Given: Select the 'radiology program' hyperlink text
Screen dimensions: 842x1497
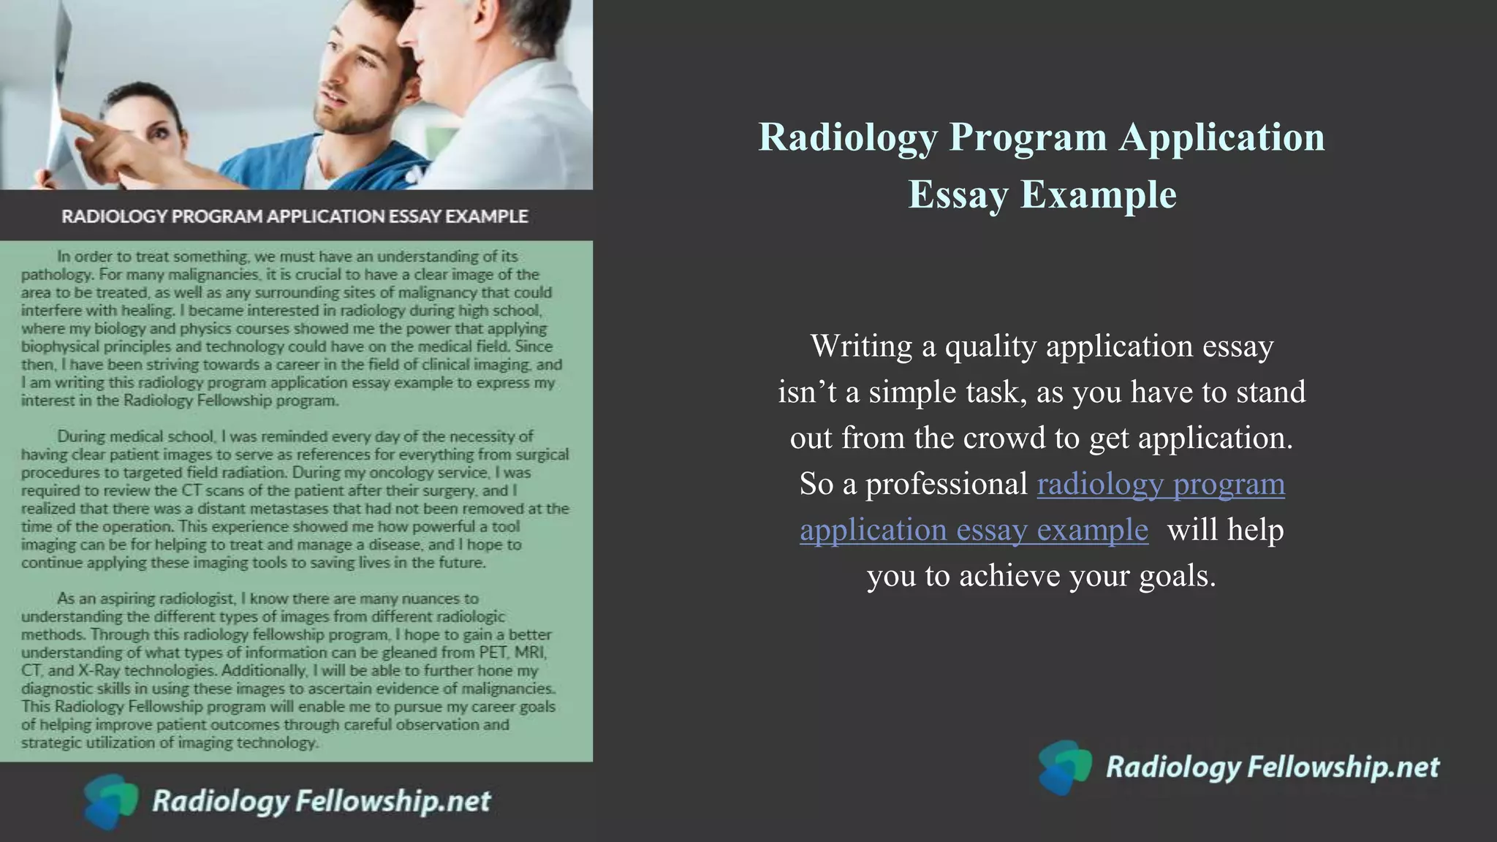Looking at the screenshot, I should coord(1160,484).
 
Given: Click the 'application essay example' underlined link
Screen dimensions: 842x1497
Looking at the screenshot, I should coord(974,530).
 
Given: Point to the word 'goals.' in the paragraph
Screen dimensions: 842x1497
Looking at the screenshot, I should coord(1178,576).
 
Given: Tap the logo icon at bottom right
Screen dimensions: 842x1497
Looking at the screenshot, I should coord(1064,767).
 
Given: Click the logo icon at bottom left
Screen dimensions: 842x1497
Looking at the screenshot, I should coord(110,801).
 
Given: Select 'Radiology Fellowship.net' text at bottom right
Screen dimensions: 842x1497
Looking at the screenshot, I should coord(1272,767).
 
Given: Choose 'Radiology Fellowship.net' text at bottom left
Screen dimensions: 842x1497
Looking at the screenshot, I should coord(321,801).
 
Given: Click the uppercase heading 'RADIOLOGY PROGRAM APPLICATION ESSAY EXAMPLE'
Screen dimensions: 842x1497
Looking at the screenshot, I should coord(295,216).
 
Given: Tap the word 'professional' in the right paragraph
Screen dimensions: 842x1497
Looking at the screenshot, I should coord(947,484).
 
